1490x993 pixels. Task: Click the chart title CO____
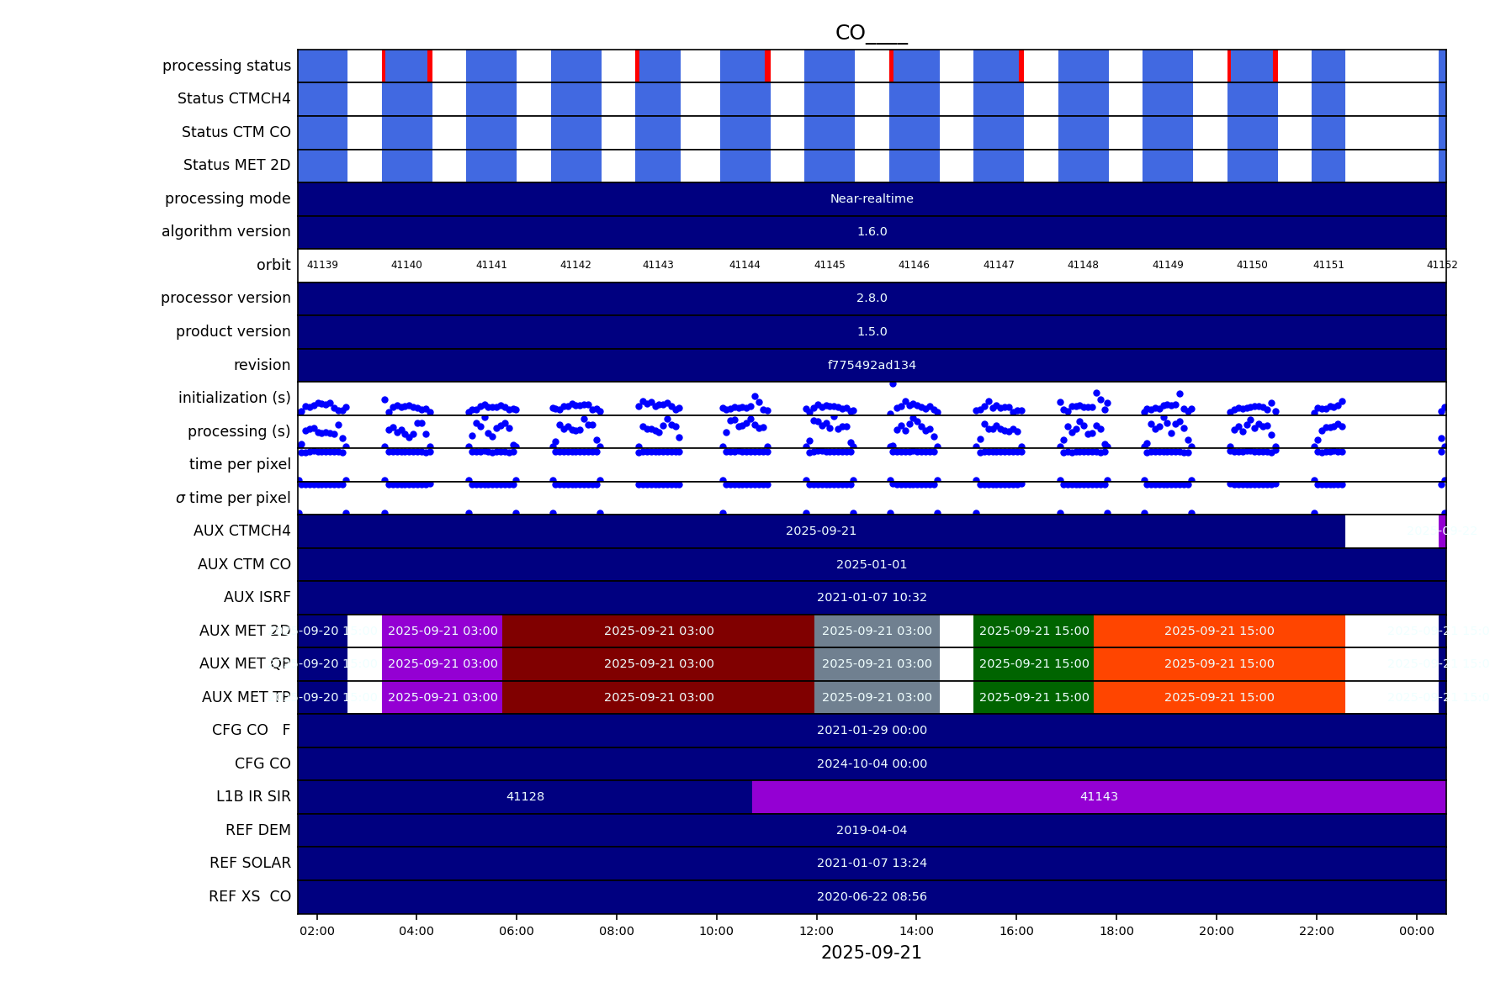[x=871, y=33]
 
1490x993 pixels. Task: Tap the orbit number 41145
[x=830, y=265]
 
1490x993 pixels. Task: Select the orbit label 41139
[x=322, y=265]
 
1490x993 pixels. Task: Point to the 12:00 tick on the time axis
[x=816, y=931]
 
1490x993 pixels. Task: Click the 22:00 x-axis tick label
[x=1316, y=931]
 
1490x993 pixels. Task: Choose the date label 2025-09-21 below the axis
[x=871, y=953]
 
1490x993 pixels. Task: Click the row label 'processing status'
[x=226, y=66]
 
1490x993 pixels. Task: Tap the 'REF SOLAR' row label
[x=250, y=863]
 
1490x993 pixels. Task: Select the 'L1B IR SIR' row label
[x=253, y=796]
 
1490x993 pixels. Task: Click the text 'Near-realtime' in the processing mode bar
[x=872, y=198]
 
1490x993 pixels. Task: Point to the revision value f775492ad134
[x=872, y=365]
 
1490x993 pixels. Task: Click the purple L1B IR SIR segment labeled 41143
[x=1099, y=796]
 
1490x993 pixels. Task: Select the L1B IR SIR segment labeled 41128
[x=525, y=796]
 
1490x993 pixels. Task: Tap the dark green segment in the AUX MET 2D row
[x=1034, y=631]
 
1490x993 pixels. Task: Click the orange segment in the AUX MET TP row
[x=1219, y=697]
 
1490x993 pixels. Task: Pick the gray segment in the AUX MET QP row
[x=877, y=663]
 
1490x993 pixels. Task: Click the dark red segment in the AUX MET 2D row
[x=659, y=631]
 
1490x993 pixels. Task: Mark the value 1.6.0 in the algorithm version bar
[x=872, y=231]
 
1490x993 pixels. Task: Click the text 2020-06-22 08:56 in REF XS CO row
[x=872, y=896]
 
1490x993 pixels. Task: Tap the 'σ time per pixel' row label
[x=233, y=498]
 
